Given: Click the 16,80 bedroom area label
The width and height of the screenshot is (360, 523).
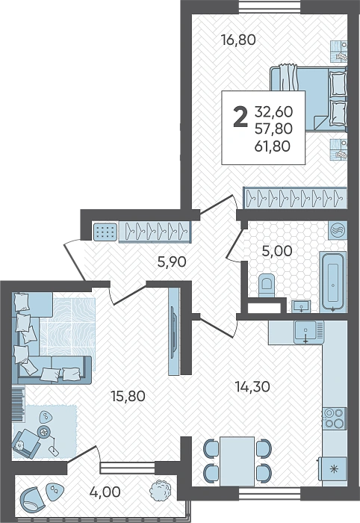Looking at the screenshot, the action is click(239, 40).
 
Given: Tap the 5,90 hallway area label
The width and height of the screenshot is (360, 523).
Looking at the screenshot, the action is click(172, 262).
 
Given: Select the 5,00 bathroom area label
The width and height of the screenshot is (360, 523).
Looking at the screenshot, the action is click(277, 251).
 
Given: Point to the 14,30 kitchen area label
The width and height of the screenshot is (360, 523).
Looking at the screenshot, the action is click(252, 387).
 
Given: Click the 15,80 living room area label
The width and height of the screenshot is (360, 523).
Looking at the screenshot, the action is click(128, 396).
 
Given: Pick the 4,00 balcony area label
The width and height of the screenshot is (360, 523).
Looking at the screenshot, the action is click(105, 492).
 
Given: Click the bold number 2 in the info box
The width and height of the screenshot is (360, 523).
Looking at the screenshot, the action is click(240, 117).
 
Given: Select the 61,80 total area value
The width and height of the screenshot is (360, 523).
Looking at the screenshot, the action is click(273, 146).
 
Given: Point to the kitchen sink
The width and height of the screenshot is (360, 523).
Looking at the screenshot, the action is click(305, 332).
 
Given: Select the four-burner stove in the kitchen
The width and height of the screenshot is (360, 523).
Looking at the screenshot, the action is click(335, 418).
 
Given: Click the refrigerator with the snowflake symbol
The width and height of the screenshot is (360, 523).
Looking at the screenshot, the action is click(333, 469).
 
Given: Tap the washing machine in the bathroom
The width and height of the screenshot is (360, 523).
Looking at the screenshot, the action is click(338, 230).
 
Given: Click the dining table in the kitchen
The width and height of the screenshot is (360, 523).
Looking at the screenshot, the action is click(237, 462).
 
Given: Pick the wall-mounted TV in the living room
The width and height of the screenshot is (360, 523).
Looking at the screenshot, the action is click(174, 331).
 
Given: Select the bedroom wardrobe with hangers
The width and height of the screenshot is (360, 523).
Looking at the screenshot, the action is click(295, 198).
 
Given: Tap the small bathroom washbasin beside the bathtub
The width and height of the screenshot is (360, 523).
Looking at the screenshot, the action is click(301, 306).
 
